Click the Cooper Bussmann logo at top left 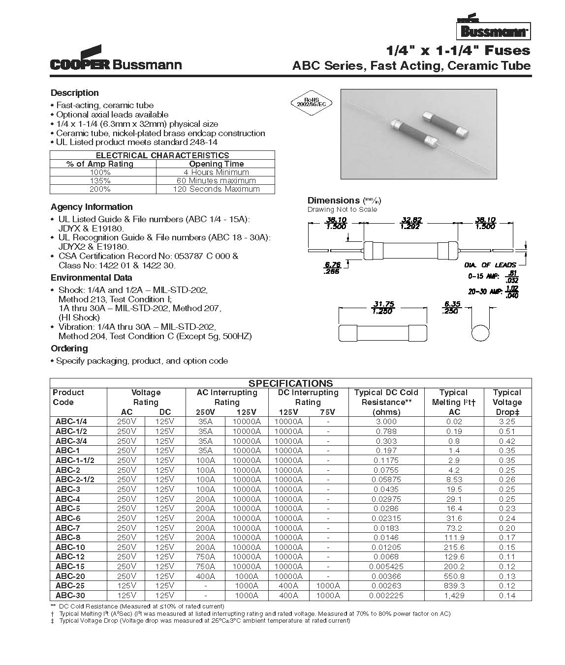(116, 60)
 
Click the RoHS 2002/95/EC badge (311, 102)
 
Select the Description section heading (75, 93)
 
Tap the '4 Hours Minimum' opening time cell (216, 173)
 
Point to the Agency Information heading (92, 207)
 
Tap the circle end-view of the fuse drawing (480, 333)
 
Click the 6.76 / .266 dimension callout (333, 267)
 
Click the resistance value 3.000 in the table (386, 422)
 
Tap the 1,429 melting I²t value (454, 595)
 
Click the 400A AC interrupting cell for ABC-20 (206, 576)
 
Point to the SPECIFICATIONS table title (290, 383)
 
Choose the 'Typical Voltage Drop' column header (507, 402)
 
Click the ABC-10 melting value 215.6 (454, 547)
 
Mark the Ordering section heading (69, 348)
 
